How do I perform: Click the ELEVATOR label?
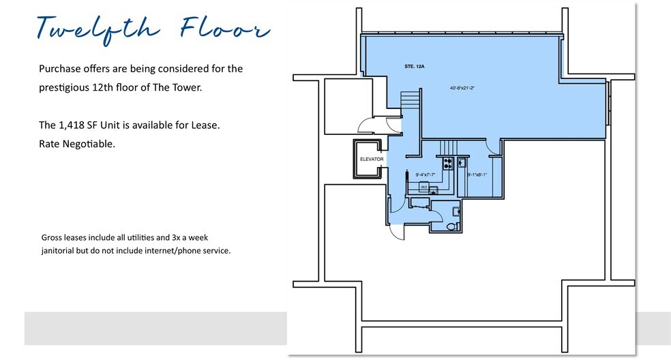tap(372, 160)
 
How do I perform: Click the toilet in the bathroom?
tap(451, 226)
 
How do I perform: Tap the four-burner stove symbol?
tap(449, 163)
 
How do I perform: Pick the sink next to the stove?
tap(462, 162)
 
